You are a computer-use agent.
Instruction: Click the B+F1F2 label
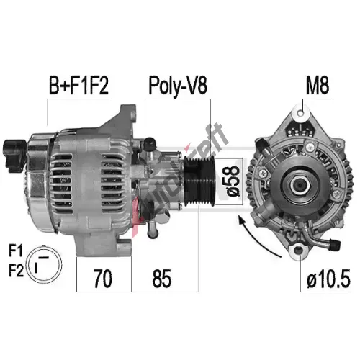pos(78,86)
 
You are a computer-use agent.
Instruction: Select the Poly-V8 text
pos(178,86)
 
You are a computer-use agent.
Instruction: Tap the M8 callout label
pos(318,86)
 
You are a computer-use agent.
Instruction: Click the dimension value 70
pos(102,279)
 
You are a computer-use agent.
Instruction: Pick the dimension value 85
pos(162,279)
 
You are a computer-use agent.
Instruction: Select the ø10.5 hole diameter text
pos(328,279)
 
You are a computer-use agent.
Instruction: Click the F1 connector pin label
pos(16,251)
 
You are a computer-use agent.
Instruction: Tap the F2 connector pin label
pos(17,271)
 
